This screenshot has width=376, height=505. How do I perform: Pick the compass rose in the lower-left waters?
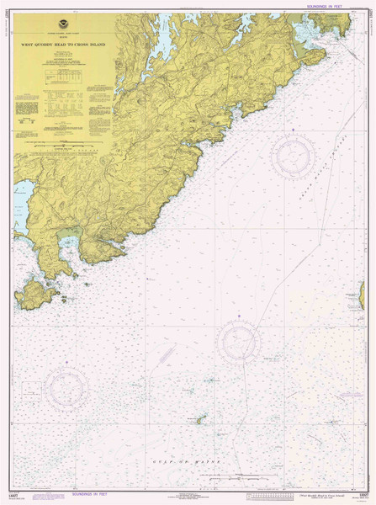66,387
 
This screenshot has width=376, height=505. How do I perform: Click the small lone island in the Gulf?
199,418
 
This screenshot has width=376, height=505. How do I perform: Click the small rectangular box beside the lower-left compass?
30,390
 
